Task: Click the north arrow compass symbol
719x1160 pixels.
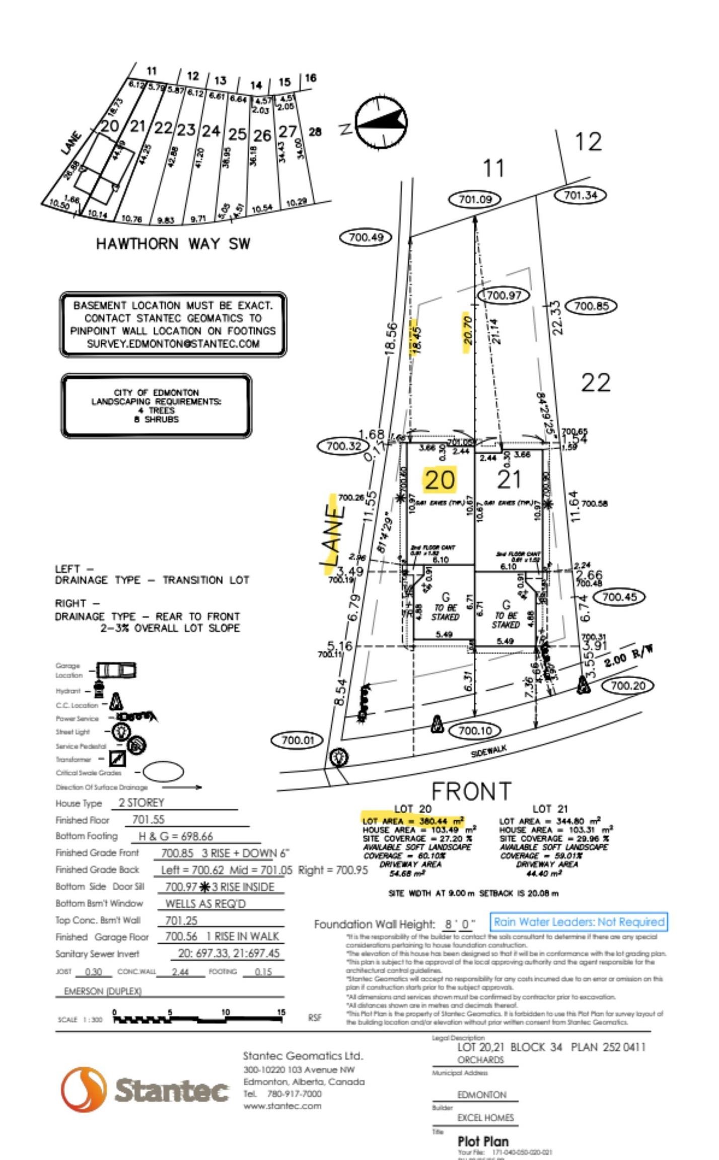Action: tap(381, 122)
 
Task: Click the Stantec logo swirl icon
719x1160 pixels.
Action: tap(84, 1089)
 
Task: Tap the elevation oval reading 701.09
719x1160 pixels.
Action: tap(475, 199)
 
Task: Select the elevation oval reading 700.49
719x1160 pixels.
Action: tap(366, 237)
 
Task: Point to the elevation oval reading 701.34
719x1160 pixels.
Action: tap(580, 195)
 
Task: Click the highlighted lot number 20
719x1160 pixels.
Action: tap(440, 480)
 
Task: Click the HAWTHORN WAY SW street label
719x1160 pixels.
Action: tap(173, 244)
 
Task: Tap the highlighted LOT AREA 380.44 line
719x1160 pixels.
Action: tap(413, 821)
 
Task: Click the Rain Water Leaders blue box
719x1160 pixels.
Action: tap(579, 922)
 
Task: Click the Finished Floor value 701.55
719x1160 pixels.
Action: tap(148, 820)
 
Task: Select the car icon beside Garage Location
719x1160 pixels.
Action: tap(116, 670)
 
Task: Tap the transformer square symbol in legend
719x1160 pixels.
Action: tap(117, 758)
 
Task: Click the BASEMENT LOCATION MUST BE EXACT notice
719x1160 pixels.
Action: tap(173, 324)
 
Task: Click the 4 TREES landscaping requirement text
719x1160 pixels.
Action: tap(156, 410)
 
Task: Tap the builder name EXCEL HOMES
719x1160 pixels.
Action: tap(485, 1118)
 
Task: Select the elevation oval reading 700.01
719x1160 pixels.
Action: tap(298, 740)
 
